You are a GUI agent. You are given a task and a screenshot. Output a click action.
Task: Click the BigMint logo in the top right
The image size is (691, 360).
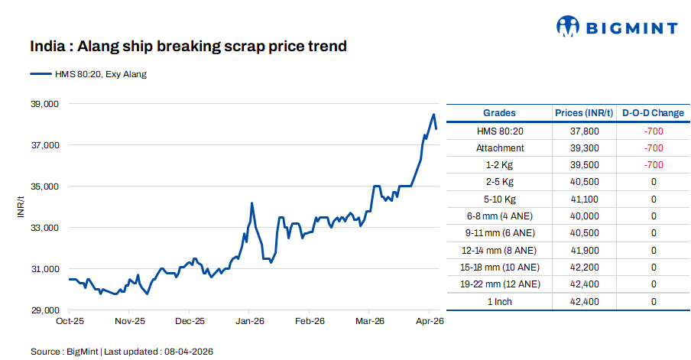click(616, 28)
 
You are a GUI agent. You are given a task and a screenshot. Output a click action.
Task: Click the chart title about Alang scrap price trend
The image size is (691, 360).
click(188, 47)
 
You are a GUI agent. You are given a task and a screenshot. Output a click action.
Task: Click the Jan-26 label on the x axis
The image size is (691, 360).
click(249, 322)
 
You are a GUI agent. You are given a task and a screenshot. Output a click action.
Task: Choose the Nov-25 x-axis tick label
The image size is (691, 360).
click(129, 322)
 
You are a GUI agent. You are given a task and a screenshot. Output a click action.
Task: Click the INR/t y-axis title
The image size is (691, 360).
click(21, 207)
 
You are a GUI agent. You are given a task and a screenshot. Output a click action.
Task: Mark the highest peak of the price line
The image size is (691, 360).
click(433, 115)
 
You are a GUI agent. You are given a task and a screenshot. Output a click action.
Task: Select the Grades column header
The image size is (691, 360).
click(499, 113)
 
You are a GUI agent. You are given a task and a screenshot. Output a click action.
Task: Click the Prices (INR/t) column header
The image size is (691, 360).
click(584, 113)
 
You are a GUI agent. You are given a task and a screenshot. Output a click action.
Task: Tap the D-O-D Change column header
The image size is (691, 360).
click(653, 113)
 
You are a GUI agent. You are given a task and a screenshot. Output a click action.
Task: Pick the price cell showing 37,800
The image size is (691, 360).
click(584, 131)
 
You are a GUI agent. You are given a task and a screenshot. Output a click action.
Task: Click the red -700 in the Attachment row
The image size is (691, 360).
click(653, 148)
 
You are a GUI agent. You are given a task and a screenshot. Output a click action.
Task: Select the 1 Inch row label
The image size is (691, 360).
click(500, 301)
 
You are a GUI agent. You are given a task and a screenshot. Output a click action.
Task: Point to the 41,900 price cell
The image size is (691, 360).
click(584, 250)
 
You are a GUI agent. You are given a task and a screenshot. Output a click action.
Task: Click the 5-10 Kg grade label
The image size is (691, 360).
click(500, 199)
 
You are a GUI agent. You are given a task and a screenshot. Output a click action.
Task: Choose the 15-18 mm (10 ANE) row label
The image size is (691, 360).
click(500, 268)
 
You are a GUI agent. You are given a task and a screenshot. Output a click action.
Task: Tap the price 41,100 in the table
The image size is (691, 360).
click(584, 199)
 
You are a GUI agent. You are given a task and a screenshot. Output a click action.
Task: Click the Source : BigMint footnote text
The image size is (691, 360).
click(122, 352)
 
